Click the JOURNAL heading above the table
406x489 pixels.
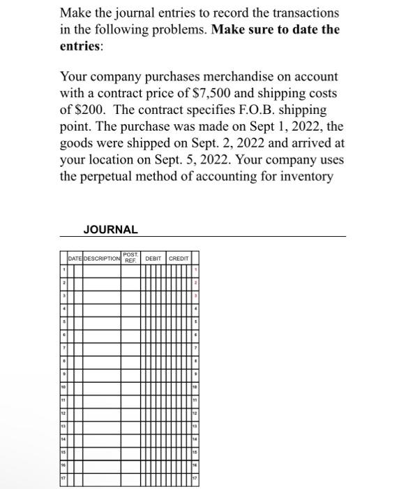[x=110, y=229]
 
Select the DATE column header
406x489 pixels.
[x=75, y=258]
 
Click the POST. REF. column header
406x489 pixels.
[x=130, y=256]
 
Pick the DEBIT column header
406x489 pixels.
[x=153, y=258]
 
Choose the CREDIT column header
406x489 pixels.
[x=179, y=258]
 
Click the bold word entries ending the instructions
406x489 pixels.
[x=80, y=46]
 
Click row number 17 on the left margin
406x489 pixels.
[x=63, y=479]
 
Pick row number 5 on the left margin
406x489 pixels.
[x=63, y=323]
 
